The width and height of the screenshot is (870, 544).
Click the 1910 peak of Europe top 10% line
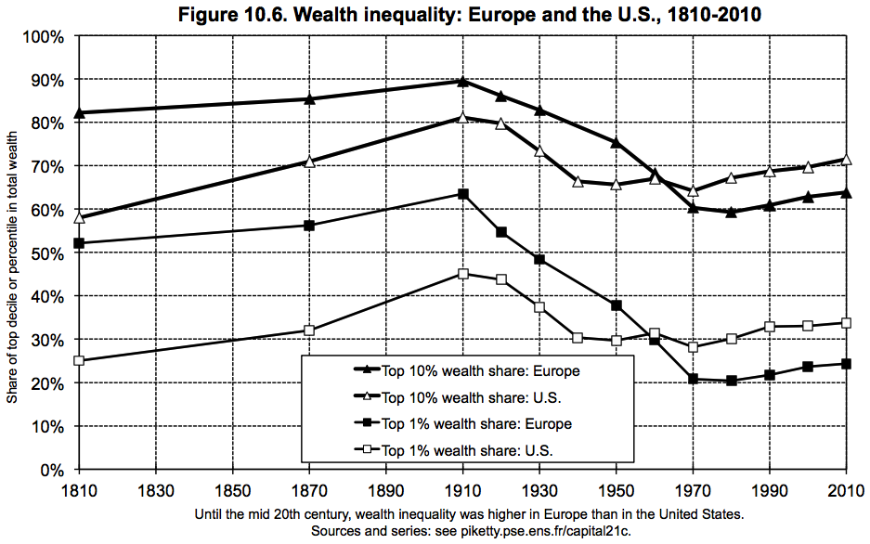[462, 81]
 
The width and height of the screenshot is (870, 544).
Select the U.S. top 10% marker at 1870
[309, 162]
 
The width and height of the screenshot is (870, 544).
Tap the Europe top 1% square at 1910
[462, 194]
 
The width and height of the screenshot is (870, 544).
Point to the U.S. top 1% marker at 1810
[79, 360]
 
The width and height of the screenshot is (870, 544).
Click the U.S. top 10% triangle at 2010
[846, 159]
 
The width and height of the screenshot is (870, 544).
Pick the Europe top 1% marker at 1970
[693, 379]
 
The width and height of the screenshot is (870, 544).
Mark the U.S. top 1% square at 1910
[462, 274]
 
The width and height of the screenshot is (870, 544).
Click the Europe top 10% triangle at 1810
[79, 113]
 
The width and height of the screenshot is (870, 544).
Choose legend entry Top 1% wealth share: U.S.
[474, 451]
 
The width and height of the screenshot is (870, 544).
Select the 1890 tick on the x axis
[385, 489]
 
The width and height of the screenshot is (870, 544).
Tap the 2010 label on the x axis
[846, 489]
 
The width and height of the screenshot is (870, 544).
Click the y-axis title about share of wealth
[12, 253]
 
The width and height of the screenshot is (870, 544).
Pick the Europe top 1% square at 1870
[309, 226]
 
